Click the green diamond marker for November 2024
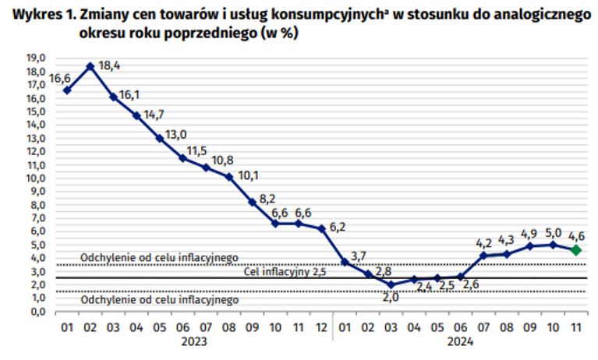[576, 249]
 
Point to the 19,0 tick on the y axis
[37, 58]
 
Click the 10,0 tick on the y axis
[37, 178]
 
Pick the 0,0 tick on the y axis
[37, 311]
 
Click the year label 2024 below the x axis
[461, 341]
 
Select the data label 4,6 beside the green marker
[577, 235]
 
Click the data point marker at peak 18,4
[90, 66]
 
